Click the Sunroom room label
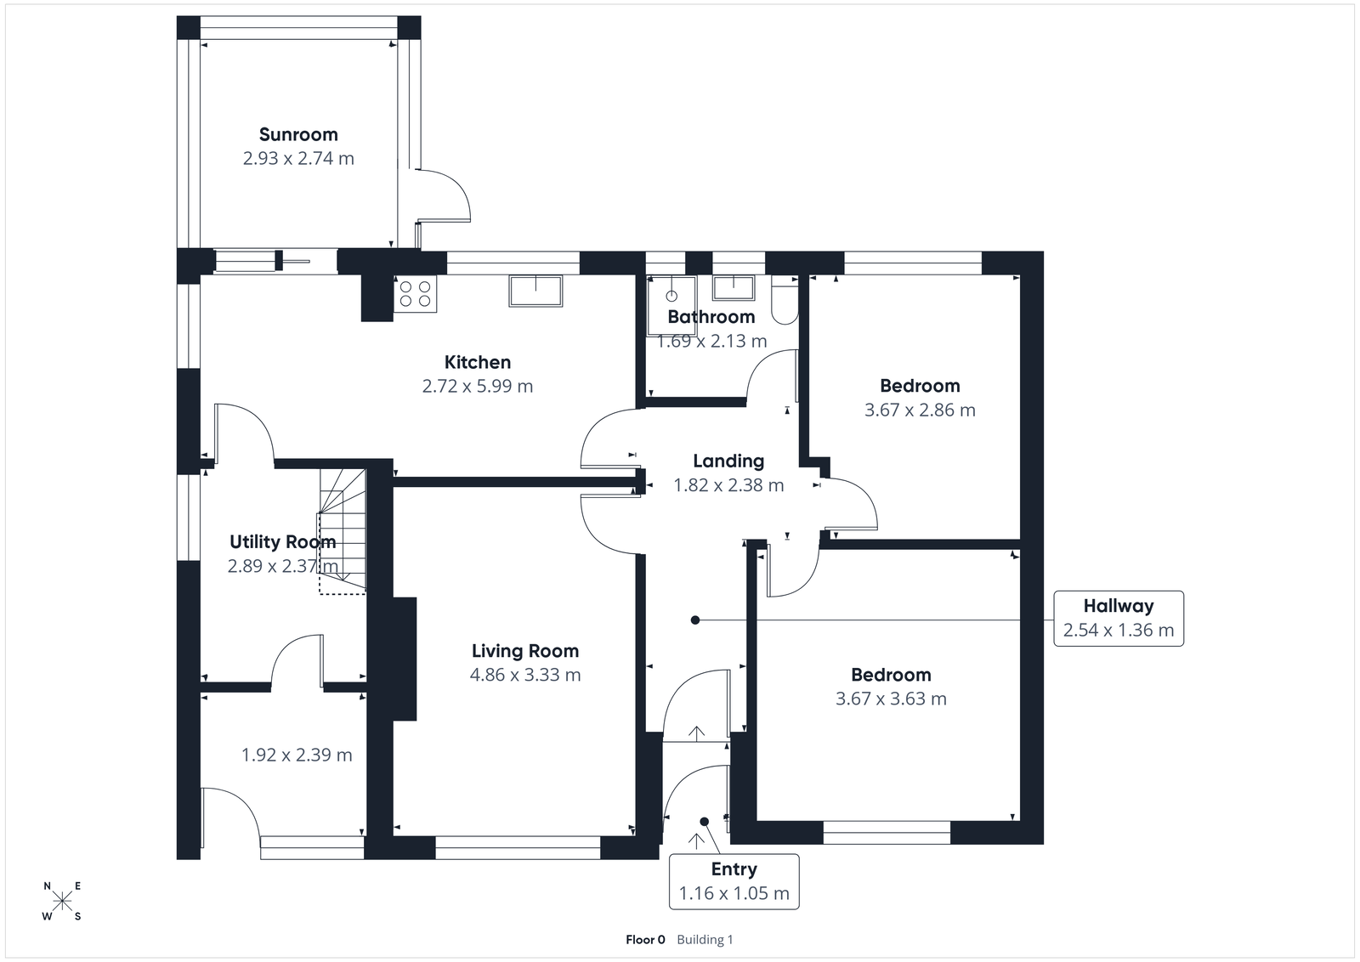pyautogui.click(x=298, y=134)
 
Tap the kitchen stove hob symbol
pyautogui.click(x=415, y=294)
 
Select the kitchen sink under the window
pyautogui.click(x=535, y=291)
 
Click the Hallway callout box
pyautogui.click(x=1118, y=618)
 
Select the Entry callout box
pyautogui.click(x=734, y=881)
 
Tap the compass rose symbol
pyautogui.click(x=62, y=902)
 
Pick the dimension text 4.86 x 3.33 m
pyautogui.click(x=525, y=675)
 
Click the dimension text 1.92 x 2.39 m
pyautogui.click(x=297, y=755)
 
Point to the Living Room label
pyautogui.click(x=525, y=651)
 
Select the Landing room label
pyautogui.click(x=728, y=461)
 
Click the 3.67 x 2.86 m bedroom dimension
pyautogui.click(x=920, y=410)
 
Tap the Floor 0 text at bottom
pyautogui.click(x=645, y=939)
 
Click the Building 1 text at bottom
pyautogui.click(x=705, y=939)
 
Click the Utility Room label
pyautogui.click(x=282, y=541)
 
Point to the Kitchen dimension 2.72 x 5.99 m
pyautogui.click(x=478, y=386)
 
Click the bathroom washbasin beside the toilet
pyautogui.click(x=733, y=288)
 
